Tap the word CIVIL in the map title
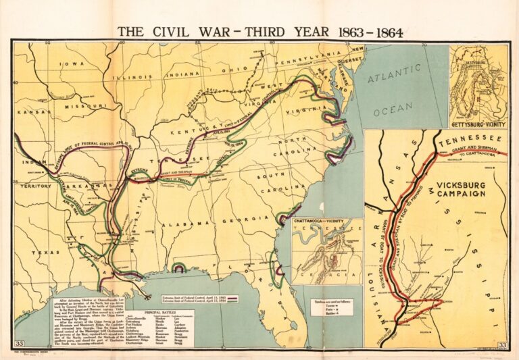(170, 31)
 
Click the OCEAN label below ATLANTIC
(393, 106)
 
